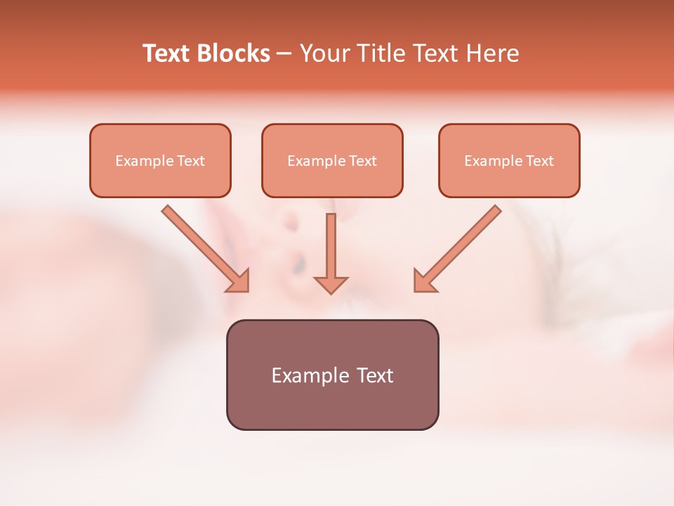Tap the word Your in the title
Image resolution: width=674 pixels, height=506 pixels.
324,53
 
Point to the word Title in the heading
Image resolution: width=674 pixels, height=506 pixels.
380,53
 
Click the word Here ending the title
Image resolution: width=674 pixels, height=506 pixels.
493,53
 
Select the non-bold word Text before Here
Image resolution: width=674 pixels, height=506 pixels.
435,53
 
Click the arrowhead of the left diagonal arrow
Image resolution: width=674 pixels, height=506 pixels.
239,281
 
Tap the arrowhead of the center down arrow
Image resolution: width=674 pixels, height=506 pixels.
331,284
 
